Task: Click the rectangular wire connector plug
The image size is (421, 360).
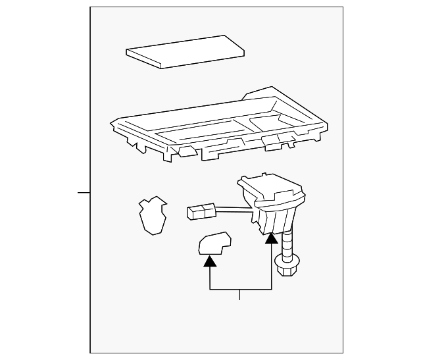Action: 201,211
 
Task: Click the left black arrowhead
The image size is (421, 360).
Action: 209,261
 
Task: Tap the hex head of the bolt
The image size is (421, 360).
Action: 287,269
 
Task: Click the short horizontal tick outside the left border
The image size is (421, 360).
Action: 84,193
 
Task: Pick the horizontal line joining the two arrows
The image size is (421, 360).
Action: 240,290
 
